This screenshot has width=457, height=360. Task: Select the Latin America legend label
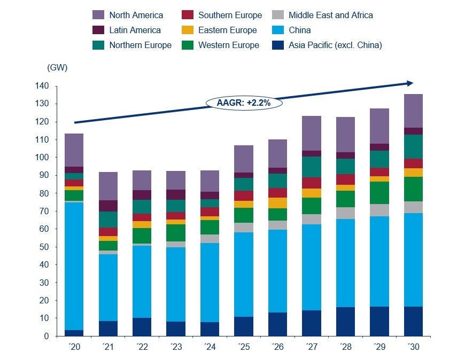135,30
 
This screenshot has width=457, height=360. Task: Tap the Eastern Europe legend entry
227,30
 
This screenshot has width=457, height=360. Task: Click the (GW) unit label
57,68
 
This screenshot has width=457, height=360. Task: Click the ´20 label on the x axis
74,347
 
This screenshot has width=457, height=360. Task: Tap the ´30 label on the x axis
413,347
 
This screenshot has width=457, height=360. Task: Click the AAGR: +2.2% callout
243,102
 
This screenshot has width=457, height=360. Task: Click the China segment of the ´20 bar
74,267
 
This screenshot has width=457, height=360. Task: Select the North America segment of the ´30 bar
413,111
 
